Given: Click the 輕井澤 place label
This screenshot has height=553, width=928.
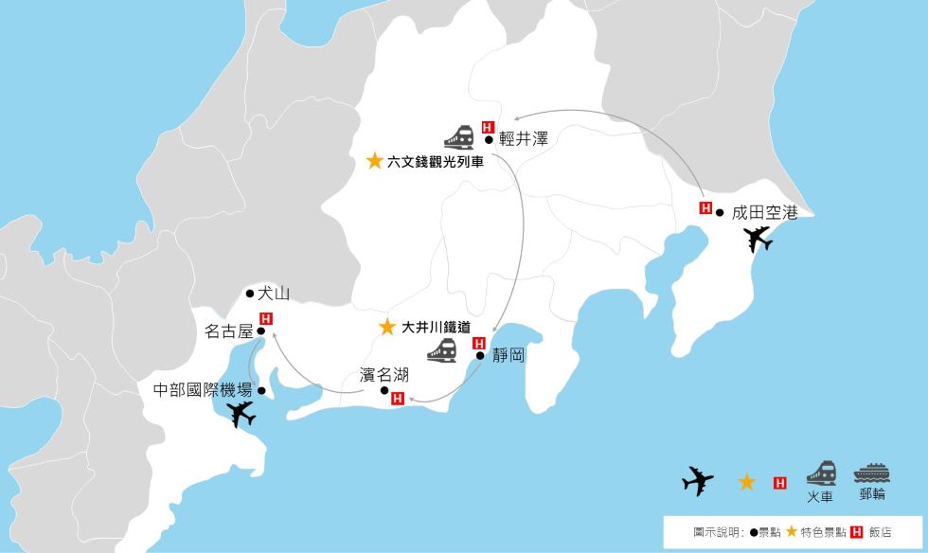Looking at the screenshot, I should [523, 138].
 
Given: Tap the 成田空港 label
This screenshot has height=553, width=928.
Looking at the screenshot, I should [765, 213].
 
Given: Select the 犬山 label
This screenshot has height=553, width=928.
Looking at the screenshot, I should [273, 294].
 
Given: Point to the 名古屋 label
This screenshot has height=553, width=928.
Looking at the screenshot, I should [229, 331].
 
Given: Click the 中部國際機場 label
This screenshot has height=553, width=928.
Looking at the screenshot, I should [203, 389].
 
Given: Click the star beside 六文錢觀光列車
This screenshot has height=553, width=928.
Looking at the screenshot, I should [375, 161].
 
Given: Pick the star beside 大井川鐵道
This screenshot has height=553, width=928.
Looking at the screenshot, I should [386, 328].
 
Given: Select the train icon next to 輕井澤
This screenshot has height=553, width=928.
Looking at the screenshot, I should [459, 137].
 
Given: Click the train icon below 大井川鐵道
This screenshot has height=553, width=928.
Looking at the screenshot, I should [442, 350].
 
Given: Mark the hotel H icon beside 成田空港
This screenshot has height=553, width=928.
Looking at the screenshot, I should [705, 208].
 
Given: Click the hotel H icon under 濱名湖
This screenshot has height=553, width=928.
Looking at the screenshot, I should [398, 399].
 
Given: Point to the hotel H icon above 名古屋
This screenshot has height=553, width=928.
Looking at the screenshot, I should [266, 318].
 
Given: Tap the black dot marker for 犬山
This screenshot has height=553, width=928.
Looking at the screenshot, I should [249, 294].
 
